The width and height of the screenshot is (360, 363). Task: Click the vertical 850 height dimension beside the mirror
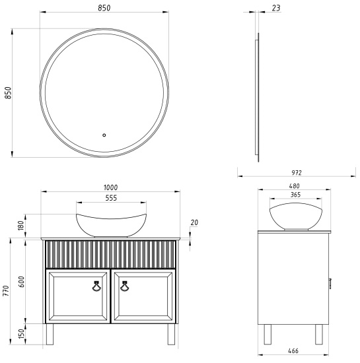pyautogui.click(x=8, y=92)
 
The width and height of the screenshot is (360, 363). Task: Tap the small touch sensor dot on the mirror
pyautogui.click(x=104, y=137)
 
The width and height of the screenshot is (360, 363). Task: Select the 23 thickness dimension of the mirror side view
pyautogui.click(x=275, y=9)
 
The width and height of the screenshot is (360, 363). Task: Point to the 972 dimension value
pyautogui.click(x=296, y=172)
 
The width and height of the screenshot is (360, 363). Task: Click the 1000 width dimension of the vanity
pyautogui.click(x=110, y=187)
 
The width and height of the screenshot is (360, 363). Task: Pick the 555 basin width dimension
pyautogui.click(x=110, y=198)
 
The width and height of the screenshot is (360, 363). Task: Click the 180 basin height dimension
pyautogui.click(x=20, y=226)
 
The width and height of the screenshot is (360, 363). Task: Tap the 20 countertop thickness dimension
pyautogui.click(x=194, y=222)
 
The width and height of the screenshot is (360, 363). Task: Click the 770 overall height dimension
pyautogui.click(x=7, y=290)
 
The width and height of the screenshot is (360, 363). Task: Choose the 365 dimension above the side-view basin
pyautogui.click(x=296, y=195)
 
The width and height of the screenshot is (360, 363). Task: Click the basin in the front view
pyautogui.click(x=110, y=224)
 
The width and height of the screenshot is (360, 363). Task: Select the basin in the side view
pyautogui.click(x=296, y=217)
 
